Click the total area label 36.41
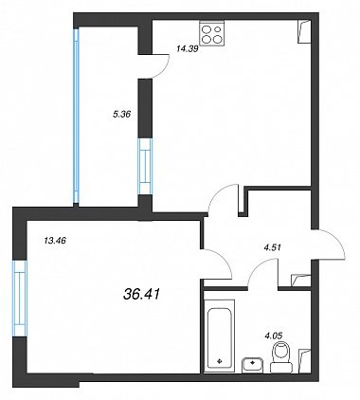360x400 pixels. (141, 295)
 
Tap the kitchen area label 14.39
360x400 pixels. (188, 48)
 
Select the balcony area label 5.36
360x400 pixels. (121, 114)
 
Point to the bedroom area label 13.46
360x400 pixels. (55, 241)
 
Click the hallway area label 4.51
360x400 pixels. (272, 247)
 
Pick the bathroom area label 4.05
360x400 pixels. (274, 336)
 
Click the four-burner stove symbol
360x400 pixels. (211, 33)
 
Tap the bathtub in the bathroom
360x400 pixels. (220, 336)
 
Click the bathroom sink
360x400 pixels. (253, 365)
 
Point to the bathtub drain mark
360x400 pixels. (220, 360)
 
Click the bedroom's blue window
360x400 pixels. (20, 298)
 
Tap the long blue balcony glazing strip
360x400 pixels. (76, 116)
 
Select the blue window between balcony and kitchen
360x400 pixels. (145, 166)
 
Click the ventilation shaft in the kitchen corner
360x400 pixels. (304, 31)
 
